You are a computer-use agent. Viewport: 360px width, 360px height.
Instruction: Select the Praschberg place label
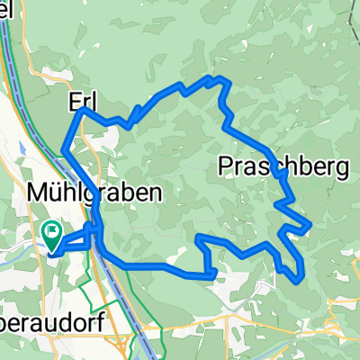[283, 166]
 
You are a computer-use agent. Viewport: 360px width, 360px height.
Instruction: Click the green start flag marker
[52, 237]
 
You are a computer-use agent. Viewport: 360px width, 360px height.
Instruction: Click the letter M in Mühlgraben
[38, 193]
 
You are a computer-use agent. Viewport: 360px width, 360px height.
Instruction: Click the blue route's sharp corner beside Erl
[84, 109]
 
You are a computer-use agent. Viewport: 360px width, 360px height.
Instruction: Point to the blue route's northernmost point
[216, 77]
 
